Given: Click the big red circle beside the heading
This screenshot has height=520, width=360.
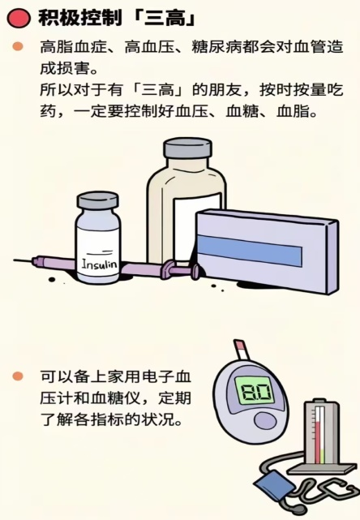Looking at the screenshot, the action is [x=19, y=17].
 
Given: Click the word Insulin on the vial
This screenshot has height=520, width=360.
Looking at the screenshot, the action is [x=99, y=264].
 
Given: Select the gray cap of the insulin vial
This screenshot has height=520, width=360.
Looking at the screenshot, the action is [x=97, y=200].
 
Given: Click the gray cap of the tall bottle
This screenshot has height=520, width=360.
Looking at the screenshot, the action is [x=187, y=148].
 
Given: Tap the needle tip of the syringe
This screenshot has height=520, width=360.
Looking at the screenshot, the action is [x=14, y=260].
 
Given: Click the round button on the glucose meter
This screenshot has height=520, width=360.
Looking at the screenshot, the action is [x=265, y=422].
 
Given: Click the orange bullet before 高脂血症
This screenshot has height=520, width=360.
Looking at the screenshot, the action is [x=18, y=46].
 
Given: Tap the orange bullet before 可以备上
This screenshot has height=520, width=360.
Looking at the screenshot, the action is [x=18, y=376].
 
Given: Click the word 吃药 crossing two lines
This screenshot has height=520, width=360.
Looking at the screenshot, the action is [x=192, y=101].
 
